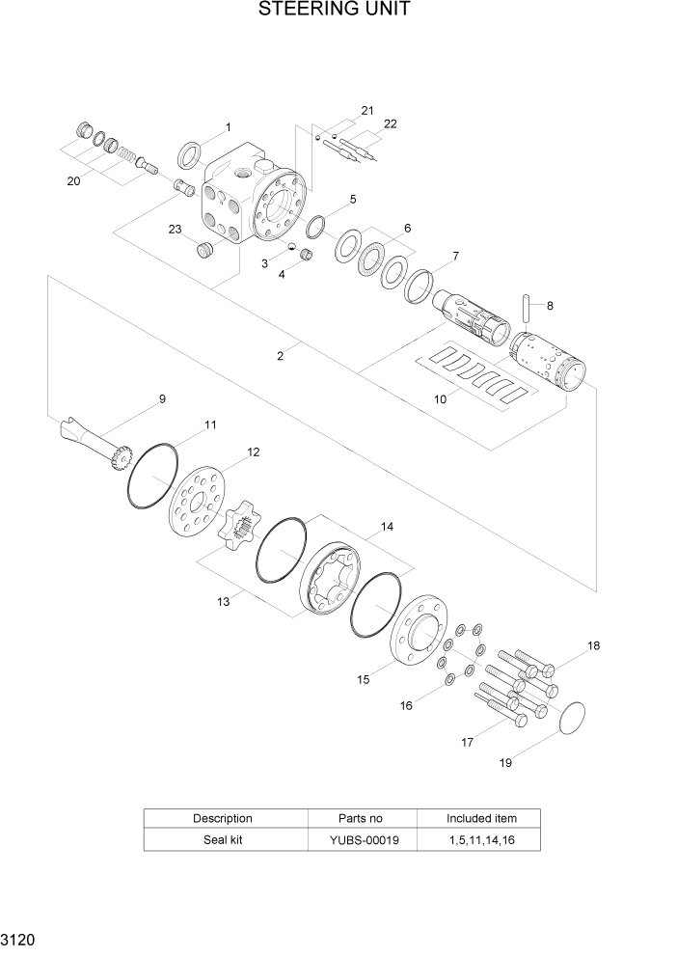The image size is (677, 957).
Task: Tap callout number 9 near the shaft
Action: [162, 398]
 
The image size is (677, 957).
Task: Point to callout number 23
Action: [175, 229]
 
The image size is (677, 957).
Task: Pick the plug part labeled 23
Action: [204, 251]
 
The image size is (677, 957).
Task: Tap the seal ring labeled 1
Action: [189, 153]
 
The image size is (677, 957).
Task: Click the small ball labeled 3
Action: [291, 246]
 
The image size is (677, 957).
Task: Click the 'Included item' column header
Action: [482, 818]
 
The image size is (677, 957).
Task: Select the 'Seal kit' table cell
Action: [224, 839]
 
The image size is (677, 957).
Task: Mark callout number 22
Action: [390, 123]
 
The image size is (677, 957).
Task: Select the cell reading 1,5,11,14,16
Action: [482, 839]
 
